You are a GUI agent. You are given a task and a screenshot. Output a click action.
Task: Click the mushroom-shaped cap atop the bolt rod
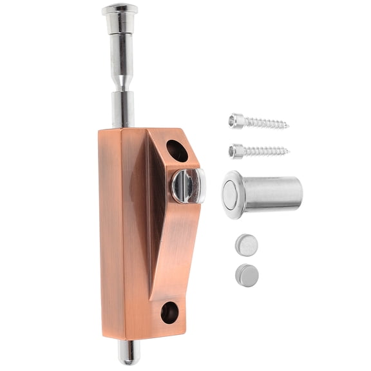[119, 10]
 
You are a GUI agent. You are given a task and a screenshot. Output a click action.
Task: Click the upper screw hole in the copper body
[177, 151]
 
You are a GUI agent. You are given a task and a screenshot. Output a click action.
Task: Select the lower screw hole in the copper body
[169, 312]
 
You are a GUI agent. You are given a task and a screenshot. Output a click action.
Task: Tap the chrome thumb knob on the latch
[187, 185]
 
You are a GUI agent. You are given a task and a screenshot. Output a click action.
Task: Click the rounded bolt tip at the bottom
[129, 350]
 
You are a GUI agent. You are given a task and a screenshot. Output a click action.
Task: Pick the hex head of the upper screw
[237, 120]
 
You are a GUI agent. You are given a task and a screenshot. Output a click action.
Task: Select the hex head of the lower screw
[237, 151]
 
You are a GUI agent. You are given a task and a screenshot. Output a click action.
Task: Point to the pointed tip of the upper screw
[286, 125]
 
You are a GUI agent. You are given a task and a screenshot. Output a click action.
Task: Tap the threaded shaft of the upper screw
[264, 122]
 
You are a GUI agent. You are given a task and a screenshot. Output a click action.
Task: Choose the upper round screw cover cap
[247, 244]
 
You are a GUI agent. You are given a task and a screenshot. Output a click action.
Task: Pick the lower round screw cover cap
[247, 275]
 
